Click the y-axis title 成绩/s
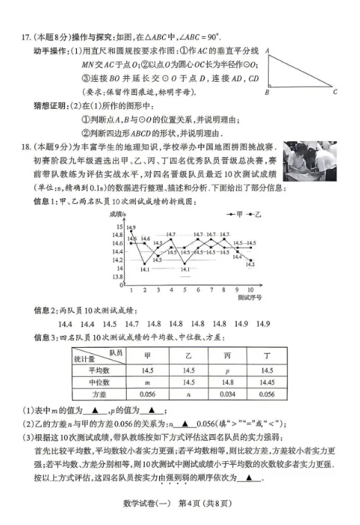pos(120,215)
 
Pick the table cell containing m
pos(147,382)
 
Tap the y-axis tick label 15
pos(119,226)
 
